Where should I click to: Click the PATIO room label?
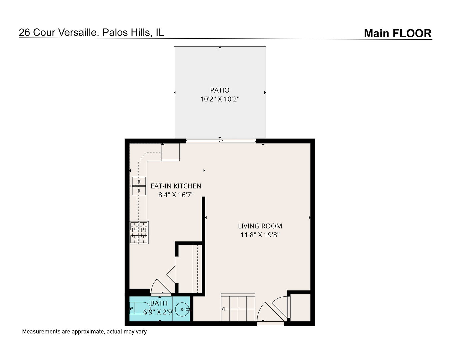(x=220, y=90)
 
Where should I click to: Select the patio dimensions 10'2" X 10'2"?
(x=220, y=99)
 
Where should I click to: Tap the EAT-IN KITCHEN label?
(x=176, y=186)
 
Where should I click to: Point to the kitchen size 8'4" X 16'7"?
(x=176, y=195)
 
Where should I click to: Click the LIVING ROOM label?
(x=260, y=226)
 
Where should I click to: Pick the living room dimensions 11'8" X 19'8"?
(x=260, y=235)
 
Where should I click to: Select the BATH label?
(x=159, y=303)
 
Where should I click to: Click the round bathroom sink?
(x=182, y=309)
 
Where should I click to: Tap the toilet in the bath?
(x=139, y=308)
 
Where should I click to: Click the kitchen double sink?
(x=139, y=186)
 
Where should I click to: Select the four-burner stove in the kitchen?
(x=139, y=233)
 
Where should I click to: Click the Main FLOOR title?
(x=398, y=33)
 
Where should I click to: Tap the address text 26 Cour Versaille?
(x=59, y=32)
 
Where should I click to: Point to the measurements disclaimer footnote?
(x=84, y=332)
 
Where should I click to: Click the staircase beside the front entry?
(x=238, y=308)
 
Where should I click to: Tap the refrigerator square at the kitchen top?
(x=171, y=152)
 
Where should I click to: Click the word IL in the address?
(x=160, y=32)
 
